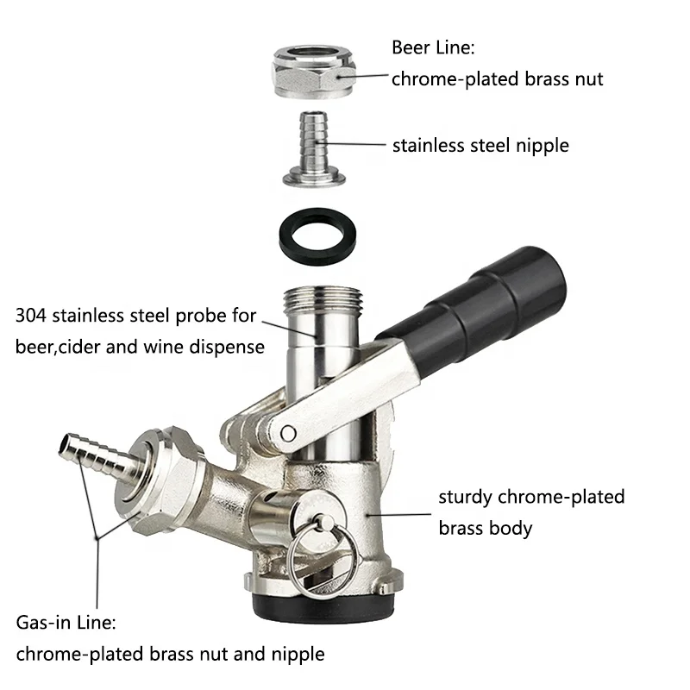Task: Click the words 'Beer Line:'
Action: tap(431, 47)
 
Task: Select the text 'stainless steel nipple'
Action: tap(480, 145)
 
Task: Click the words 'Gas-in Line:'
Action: tap(64, 622)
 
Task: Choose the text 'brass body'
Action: tap(486, 527)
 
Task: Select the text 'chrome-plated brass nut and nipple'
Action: tap(170, 654)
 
